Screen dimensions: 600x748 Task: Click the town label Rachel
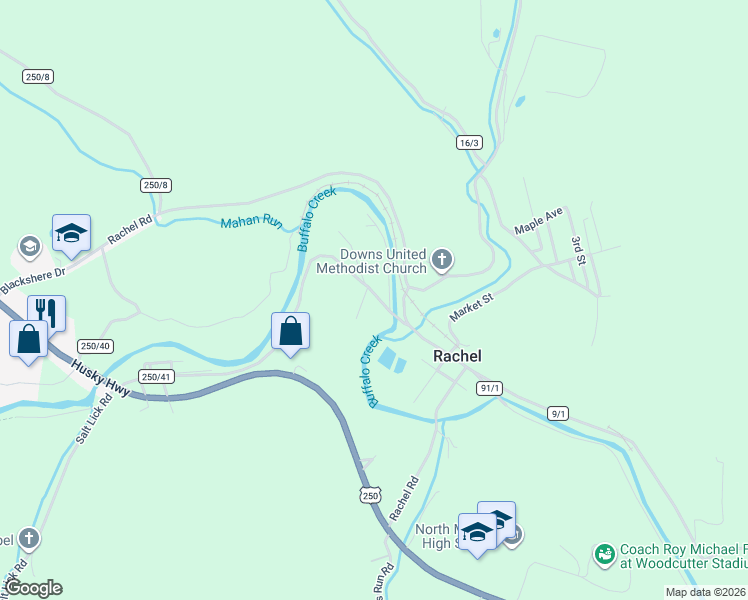[x=457, y=356]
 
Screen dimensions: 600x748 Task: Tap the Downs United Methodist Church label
[x=383, y=262]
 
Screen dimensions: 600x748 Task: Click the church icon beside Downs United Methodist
[x=441, y=262]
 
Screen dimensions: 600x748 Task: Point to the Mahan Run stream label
[x=251, y=221]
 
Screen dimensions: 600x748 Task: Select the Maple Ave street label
[x=539, y=221]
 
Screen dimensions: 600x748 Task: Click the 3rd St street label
[x=577, y=250]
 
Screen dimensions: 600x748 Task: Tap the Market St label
[x=472, y=306]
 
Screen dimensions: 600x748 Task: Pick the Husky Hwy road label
[x=100, y=377]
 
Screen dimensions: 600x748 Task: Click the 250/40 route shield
[x=95, y=345]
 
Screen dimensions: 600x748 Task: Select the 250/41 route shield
[x=157, y=376]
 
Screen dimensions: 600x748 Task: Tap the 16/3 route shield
[x=470, y=143]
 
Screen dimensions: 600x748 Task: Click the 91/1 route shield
[x=489, y=388]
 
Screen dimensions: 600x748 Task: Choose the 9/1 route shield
[x=558, y=413]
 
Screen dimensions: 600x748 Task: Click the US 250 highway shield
[x=370, y=495]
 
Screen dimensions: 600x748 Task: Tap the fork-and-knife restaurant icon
[x=46, y=312]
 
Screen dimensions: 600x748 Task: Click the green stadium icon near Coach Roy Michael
[x=604, y=553]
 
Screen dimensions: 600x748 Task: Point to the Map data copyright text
[x=705, y=592]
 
